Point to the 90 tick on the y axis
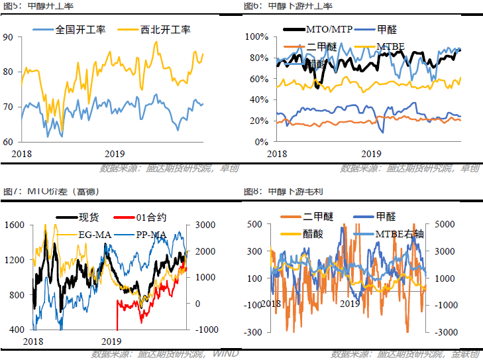pos(8,37)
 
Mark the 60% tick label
pos(256,79)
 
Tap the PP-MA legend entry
pos(152,233)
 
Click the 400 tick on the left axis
pos(15,330)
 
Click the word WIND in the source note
pos(225,353)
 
